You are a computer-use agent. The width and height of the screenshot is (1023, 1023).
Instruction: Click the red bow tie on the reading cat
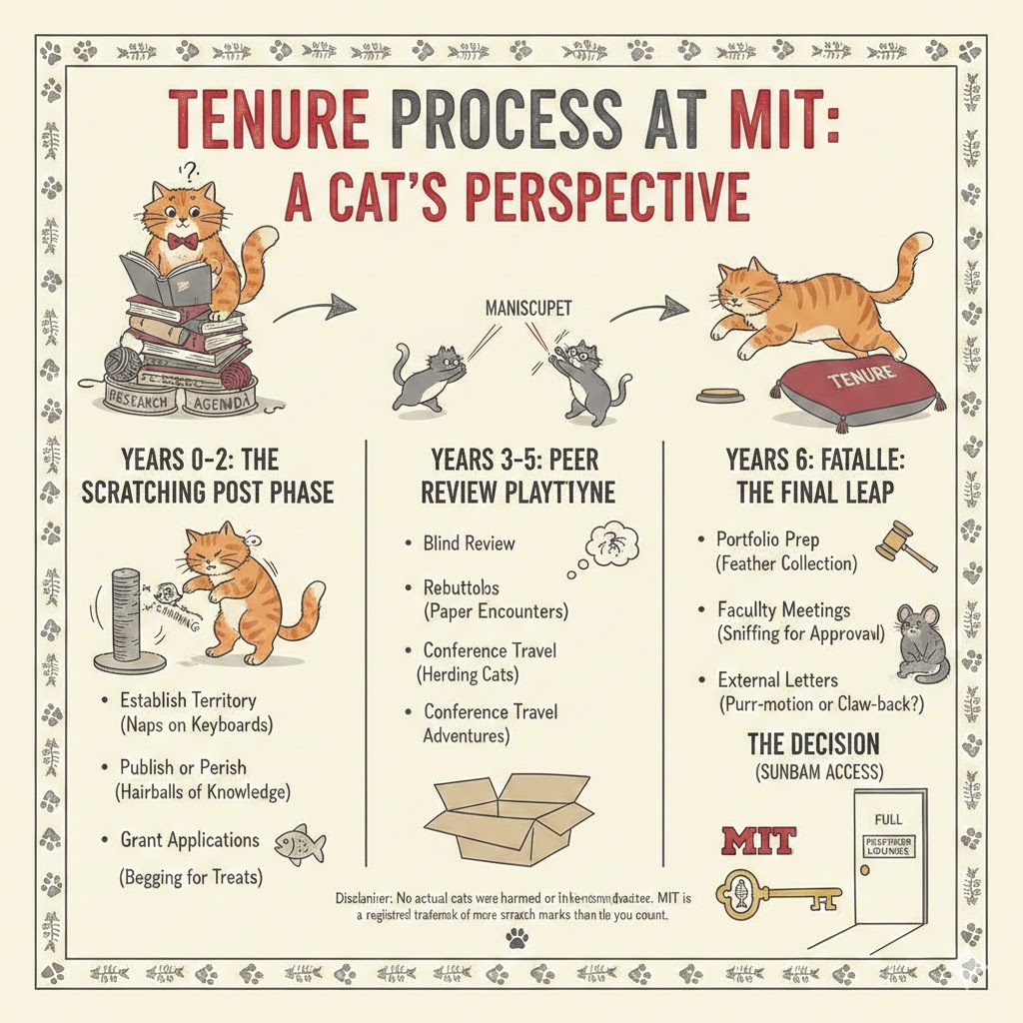click(x=182, y=242)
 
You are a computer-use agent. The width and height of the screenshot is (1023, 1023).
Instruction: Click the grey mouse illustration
click(x=913, y=640)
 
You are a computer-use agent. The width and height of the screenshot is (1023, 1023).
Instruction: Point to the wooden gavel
click(x=903, y=544)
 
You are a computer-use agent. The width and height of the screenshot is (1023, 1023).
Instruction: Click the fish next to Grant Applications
click(x=301, y=844)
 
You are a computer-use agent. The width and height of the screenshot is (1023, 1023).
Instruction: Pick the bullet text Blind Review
click(x=469, y=543)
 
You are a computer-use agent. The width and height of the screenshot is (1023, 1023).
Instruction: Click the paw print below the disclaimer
click(x=516, y=937)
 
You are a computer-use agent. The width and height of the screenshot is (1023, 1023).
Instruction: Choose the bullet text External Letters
click(x=777, y=679)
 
